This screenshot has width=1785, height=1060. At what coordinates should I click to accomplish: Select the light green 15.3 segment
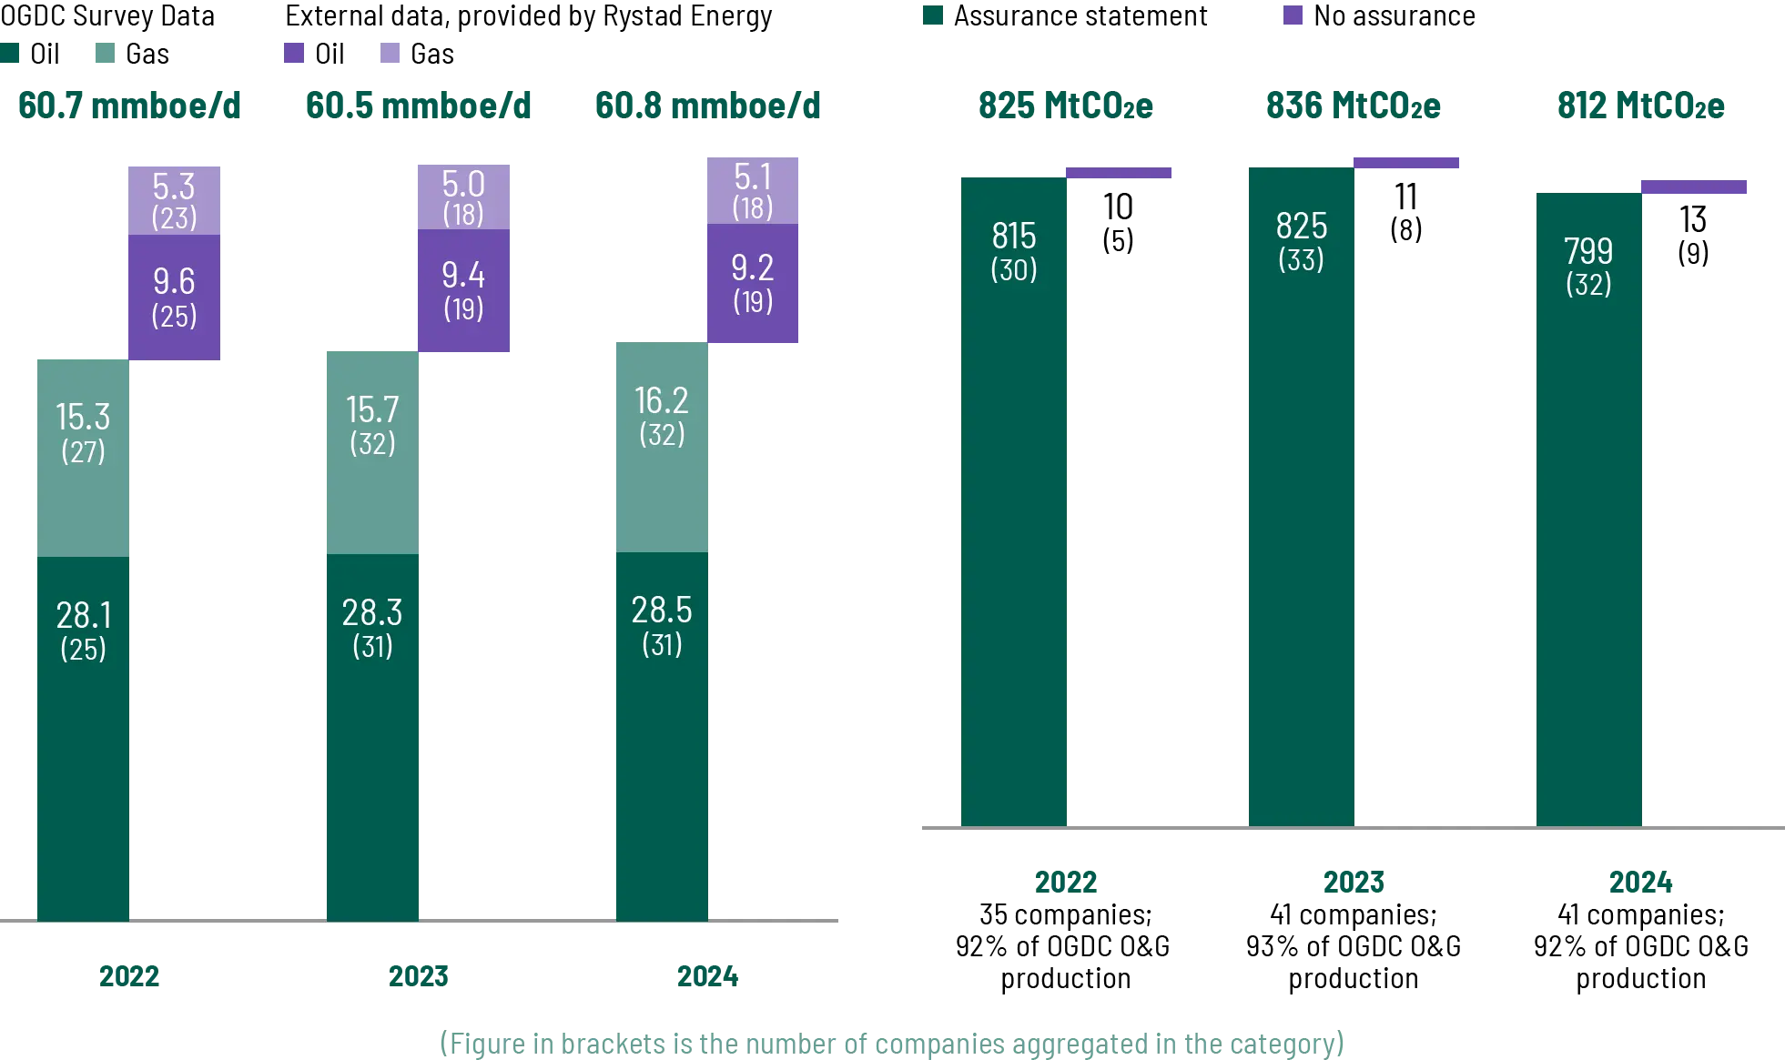click(x=83, y=457)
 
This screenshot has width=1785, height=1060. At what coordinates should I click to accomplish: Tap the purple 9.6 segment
click(x=174, y=298)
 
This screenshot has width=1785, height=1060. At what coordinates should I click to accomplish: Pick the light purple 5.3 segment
click(x=174, y=198)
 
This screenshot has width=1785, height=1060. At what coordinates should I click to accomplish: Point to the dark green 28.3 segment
click(x=372, y=737)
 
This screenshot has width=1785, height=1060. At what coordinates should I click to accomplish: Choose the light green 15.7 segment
click(x=372, y=452)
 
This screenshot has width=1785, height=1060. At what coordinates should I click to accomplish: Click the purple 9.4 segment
click(x=462, y=291)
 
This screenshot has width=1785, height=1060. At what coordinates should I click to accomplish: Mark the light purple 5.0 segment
click(x=462, y=196)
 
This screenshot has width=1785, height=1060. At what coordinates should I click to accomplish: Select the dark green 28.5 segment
click(x=662, y=737)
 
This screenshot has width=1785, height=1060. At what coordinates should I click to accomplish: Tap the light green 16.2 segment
click(x=662, y=448)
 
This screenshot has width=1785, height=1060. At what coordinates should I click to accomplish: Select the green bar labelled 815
click(x=1014, y=500)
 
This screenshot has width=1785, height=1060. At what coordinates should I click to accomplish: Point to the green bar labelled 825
click(x=1300, y=497)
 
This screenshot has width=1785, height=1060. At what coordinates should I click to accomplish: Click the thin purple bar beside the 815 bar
click(x=1118, y=174)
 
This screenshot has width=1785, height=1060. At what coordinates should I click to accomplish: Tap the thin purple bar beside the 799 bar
click(x=1693, y=187)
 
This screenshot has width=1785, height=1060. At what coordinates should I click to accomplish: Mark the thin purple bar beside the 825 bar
click(x=1406, y=164)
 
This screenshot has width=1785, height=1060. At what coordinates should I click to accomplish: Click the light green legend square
click(x=106, y=52)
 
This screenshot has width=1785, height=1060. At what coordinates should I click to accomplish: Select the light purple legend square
click(x=389, y=52)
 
